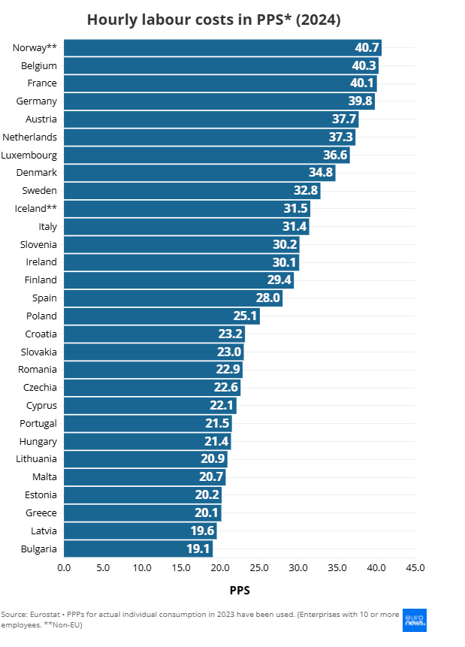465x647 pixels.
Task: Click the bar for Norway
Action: pos(222,48)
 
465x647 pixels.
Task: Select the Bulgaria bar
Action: pos(138,549)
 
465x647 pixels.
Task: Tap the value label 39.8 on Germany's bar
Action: pos(358,101)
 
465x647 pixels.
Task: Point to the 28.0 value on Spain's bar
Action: pos(268,298)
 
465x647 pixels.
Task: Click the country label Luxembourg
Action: pos(29,155)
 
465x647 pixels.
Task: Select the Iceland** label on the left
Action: pos(36,208)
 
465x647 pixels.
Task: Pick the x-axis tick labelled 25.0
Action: pos(258,567)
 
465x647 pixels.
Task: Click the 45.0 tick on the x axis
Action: pos(415,567)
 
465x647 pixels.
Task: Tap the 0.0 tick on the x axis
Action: pos(64,567)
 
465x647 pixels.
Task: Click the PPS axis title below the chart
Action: pos(239,591)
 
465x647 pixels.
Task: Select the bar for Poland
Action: pos(162,316)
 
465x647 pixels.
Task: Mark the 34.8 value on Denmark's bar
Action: pos(321,173)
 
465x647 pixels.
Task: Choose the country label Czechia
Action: pos(40,387)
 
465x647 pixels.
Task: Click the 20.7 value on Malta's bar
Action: pos(211,477)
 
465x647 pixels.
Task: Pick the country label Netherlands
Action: pos(29,137)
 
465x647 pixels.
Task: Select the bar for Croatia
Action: pos(154,334)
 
